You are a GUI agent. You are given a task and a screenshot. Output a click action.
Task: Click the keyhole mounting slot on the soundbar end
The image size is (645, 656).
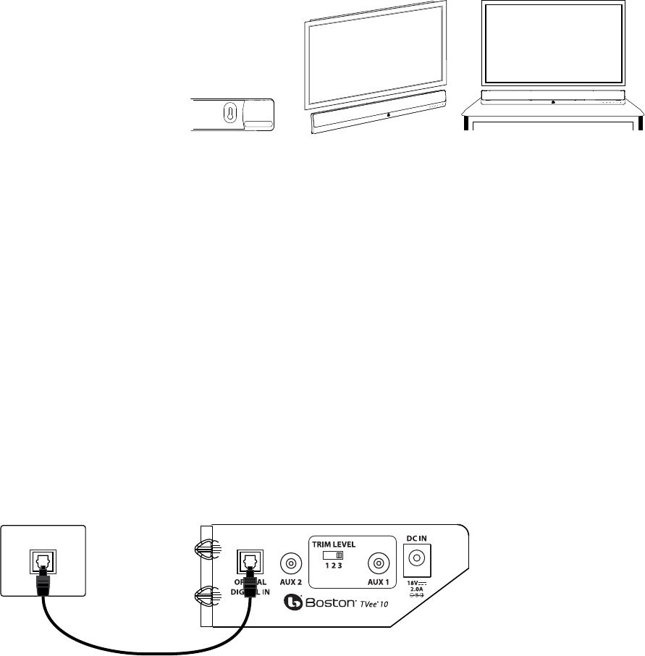229,114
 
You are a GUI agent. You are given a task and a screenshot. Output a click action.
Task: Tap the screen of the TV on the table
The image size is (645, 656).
553,43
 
